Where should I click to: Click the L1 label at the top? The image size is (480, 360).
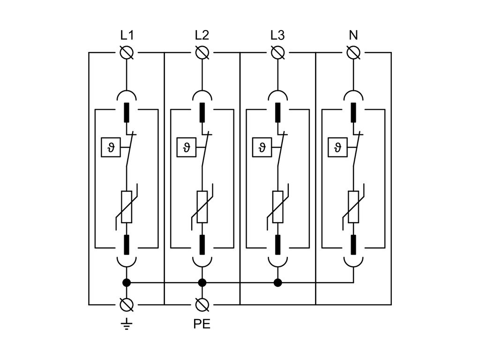(126, 36)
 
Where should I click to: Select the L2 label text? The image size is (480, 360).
(202, 36)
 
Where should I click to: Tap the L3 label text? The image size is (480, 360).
(277, 36)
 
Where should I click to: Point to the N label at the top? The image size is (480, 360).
(353, 36)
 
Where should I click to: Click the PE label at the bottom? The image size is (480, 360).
(202, 324)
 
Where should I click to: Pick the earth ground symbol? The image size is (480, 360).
(126, 323)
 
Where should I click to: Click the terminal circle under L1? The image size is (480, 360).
(126, 53)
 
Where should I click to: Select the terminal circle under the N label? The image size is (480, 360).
(353, 53)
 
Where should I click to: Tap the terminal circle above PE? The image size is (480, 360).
(202, 305)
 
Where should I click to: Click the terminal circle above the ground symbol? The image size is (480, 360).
(126, 305)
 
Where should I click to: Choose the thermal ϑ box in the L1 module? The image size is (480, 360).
(111, 148)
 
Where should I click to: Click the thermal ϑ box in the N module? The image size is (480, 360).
(338, 148)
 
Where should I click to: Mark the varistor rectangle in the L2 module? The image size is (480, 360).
(202, 206)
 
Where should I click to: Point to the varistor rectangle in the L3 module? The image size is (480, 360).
(277, 206)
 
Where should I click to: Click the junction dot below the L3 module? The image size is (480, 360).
(277, 283)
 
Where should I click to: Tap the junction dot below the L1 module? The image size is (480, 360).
(126, 283)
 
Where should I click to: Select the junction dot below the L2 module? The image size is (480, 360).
(202, 283)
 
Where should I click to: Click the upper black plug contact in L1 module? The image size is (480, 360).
(126, 112)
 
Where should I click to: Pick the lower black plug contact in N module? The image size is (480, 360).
(353, 244)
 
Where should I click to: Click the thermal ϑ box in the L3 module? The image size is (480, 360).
(262, 148)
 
